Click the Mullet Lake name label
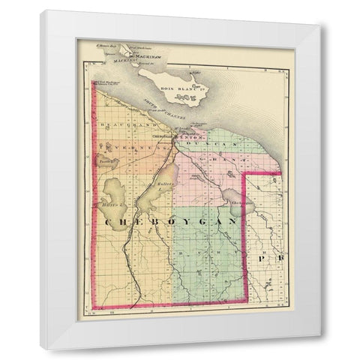pyautogui.click(x=166, y=184)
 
